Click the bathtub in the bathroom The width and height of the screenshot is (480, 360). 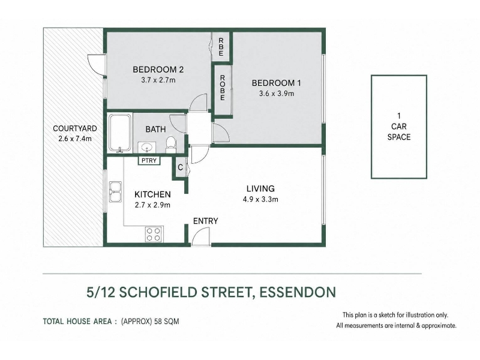point(120,133)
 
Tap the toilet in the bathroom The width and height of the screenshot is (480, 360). point(170,145)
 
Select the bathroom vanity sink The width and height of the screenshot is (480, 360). point(147,148)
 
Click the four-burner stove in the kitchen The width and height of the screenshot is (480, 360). point(154,234)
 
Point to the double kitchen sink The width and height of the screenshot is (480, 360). point(115,191)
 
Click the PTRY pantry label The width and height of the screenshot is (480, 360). point(149,160)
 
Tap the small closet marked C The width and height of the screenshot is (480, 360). point(181,167)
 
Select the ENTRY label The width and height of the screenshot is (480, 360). point(205,221)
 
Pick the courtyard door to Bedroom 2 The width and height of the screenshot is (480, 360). point(96,64)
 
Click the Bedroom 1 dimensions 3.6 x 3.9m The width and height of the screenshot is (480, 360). point(277,94)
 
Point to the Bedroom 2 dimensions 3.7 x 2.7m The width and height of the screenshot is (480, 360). point(158,80)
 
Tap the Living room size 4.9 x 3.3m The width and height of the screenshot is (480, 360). point(260,200)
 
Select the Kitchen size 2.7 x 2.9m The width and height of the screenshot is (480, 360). point(152,205)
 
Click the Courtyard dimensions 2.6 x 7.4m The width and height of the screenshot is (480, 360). point(75,139)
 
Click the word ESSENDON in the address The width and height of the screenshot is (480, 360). point(298,292)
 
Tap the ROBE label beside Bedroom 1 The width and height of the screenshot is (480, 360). point(223,88)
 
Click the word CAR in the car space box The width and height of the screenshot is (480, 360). point(399,127)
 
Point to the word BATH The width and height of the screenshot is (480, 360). point(155,130)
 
